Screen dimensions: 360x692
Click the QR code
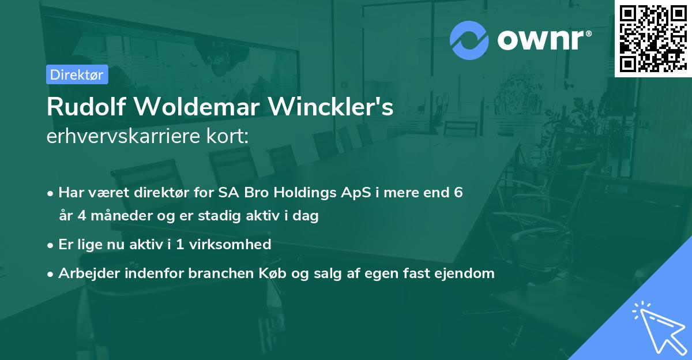click(653, 38)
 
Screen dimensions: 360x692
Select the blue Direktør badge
click(77, 74)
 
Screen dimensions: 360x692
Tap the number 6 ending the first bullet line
click(458, 193)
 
